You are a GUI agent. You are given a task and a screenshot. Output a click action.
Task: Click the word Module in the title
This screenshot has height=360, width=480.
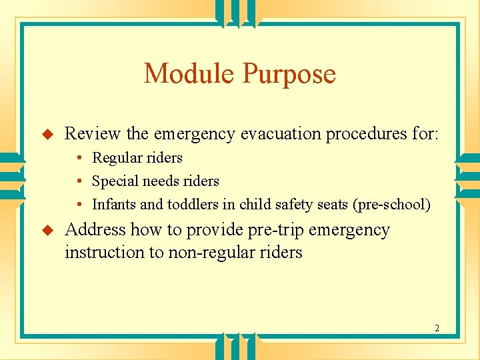pos(190,73)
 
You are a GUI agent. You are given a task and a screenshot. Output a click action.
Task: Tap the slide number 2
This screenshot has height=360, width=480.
pos(437,328)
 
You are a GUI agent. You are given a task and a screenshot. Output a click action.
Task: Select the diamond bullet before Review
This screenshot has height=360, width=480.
pos(47,134)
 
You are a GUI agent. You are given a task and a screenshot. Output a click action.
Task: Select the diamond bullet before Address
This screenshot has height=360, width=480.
pos(47,230)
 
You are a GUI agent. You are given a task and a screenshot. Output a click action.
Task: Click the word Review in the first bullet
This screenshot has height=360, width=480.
pos(92,133)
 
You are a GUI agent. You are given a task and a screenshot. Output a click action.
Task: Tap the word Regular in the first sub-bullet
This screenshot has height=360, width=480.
pos(117,158)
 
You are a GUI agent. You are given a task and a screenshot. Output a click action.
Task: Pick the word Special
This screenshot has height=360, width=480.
pos(113,181)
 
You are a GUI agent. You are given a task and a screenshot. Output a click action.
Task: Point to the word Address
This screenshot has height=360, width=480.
pos(95,230)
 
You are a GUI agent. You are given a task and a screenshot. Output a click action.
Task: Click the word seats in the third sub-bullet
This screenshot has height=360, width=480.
pos(331,205)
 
